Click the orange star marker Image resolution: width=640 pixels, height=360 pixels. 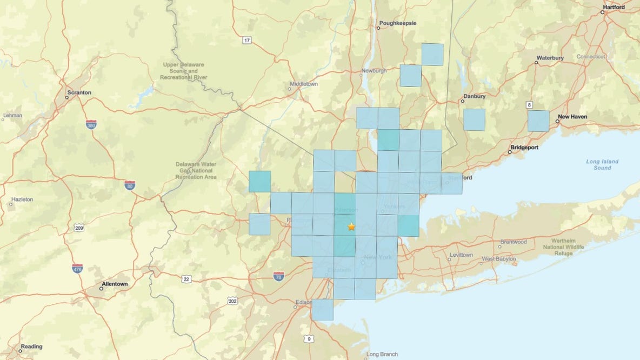pyautogui.click(x=351, y=226)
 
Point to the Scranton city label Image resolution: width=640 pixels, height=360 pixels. pyautogui.click(x=79, y=92)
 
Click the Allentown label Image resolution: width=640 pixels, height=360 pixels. pyautogui.click(x=115, y=284)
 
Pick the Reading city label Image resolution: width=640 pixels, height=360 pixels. pyautogui.click(x=31, y=346)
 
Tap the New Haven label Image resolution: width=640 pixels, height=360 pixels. pyautogui.click(x=572, y=116)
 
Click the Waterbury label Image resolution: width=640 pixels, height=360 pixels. pyautogui.click(x=550, y=58)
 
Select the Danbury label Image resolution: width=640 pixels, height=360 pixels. pyautogui.click(x=474, y=97)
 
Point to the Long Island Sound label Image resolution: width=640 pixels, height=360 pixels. pyautogui.click(x=602, y=164)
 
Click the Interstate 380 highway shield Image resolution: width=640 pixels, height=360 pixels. pyautogui.click(x=91, y=124)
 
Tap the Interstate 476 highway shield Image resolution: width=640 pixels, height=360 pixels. pyautogui.click(x=77, y=268)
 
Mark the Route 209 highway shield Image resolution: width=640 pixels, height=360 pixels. pyautogui.click(x=79, y=229)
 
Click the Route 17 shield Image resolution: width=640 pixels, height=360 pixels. pyautogui.click(x=247, y=41)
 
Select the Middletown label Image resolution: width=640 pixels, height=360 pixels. pyautogui.click(x=304, y=84)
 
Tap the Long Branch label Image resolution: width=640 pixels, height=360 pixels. pyautogui.click(x=382, y=355)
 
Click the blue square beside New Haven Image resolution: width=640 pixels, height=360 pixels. pyautogui.click(x=538, y=121)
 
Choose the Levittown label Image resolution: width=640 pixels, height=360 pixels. pyautogui.click(x=461, y=255)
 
